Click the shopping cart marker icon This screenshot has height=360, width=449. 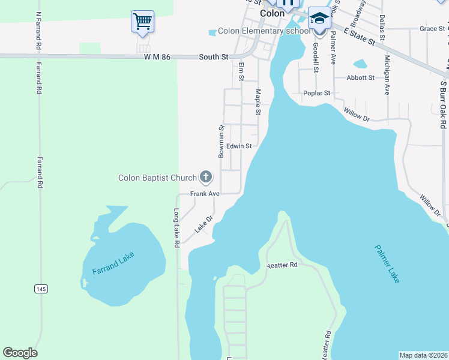tap(142, 22)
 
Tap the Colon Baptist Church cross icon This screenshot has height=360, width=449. tap(206, 176)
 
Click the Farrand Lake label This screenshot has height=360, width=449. tap(113, 263)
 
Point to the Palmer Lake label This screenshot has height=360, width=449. tap(387, 263)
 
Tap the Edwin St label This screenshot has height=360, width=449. tap(238, 146)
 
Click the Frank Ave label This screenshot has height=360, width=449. tap(205, 194)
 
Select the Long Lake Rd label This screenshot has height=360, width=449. tap(176, 228)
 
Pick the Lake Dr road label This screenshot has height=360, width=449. tap(203, 225)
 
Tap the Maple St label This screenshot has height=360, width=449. tap(258, 102)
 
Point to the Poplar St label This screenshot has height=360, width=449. tap(317, 93)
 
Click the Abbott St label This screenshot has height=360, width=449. tap(360, 77)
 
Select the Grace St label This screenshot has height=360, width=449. tap(432, 28)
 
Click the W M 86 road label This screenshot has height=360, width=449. tap(157, 57)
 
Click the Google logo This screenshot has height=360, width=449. tap(20, 353)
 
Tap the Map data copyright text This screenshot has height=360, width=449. tap(423, 355)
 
